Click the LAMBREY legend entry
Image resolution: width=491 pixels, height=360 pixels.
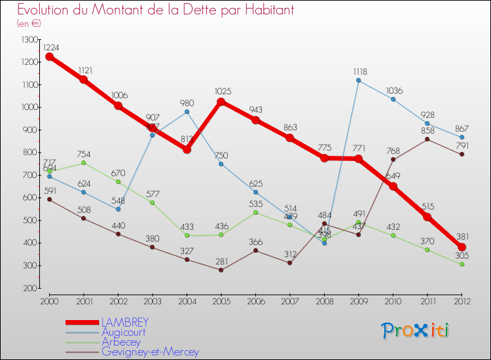click(x=124, y=323)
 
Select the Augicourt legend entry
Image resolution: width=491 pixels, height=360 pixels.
click(x=124, y=333)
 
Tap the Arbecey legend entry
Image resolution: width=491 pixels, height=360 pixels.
click(x=120, y=342)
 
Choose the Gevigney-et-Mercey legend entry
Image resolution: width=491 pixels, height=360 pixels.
click(x=150, y=352)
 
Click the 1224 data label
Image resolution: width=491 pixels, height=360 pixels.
click(x=50, y=48)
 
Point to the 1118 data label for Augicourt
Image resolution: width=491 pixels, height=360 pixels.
click(x=359, y=71)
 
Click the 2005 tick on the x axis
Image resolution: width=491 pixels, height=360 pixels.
click(x=221, y=300)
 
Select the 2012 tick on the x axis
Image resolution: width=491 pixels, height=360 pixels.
click(x=462, y=300)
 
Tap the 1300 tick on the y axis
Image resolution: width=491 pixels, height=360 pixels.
click(x=29, y=40)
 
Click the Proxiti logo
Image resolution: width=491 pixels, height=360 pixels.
click(x=415, y=331)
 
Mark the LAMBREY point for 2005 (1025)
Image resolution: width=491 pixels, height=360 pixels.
click(x=221, y=101)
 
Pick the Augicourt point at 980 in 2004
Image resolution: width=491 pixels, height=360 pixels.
click(x=187, y=111)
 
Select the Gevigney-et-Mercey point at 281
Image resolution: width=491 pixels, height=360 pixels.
click(x=221, y=270)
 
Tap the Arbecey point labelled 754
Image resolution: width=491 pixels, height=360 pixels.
click(x=84, y=162)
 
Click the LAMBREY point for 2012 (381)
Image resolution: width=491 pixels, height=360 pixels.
click(x=462, y=247)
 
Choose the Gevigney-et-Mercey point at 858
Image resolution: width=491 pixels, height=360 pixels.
click(x=427, y=139)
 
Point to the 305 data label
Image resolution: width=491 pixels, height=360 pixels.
click(x=463, y=255)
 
